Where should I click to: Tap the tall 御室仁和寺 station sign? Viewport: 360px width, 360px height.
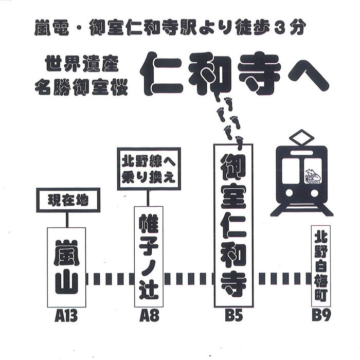(233, 225)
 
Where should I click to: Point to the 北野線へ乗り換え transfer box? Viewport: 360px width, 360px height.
(149, 169)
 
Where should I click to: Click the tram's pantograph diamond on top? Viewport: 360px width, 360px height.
(302, 138)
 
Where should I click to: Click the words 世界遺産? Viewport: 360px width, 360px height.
(82, 65)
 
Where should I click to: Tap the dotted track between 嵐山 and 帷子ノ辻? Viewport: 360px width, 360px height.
(110, 279)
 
